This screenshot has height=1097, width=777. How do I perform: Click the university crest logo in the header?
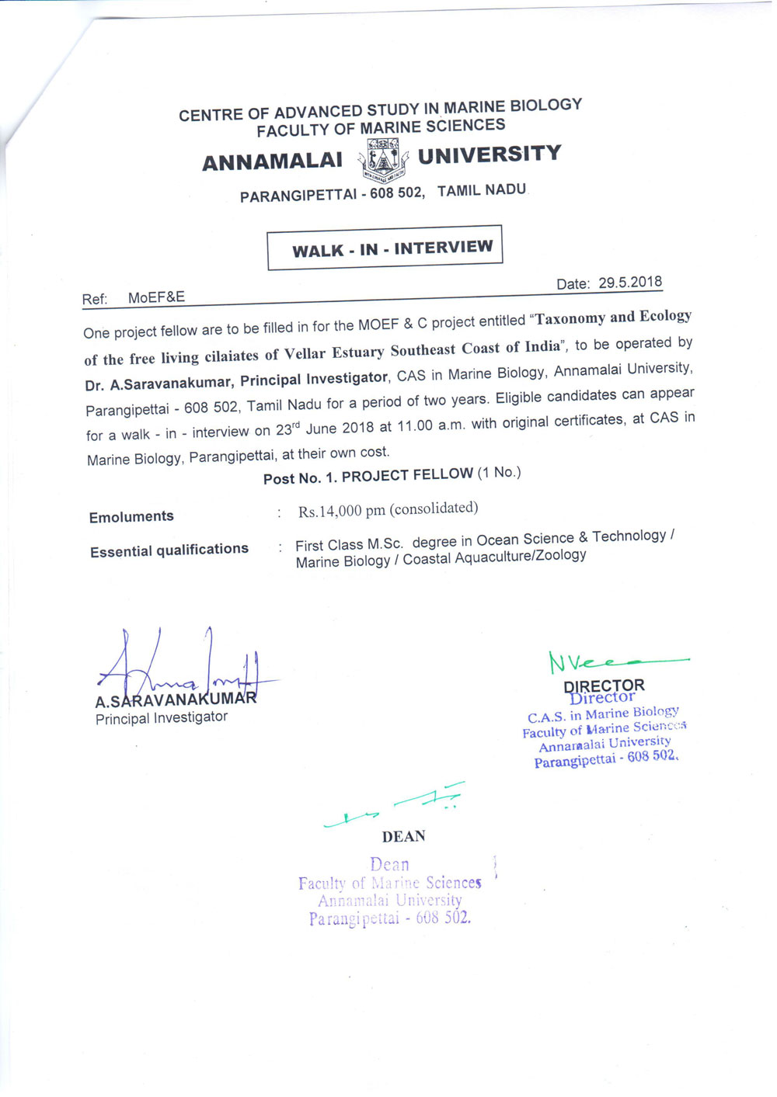click(x=383, y=160)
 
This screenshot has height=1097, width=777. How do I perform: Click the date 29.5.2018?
click(x=630, y=283)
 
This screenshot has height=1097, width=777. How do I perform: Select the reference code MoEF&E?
click(x=156, y=297)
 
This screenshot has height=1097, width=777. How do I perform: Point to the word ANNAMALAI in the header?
click(x=272, y=161)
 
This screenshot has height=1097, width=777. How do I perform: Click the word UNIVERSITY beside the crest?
click(x=490, y=154)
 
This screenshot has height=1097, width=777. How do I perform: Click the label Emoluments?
click(x=131, y=517)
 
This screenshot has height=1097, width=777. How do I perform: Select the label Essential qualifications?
click(x=169, y=550)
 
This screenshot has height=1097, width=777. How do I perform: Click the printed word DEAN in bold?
click(x=404, y=836)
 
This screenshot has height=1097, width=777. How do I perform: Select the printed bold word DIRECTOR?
click(x=604, y=686)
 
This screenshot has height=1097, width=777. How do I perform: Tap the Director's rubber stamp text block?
click(x=605, y=734)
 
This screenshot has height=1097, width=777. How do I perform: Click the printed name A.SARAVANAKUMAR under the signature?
click(x=176, y=700)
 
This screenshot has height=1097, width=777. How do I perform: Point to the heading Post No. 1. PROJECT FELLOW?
click(x=368, y=475)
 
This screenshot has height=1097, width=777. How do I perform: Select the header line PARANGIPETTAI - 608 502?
click(x=332, y=194)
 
